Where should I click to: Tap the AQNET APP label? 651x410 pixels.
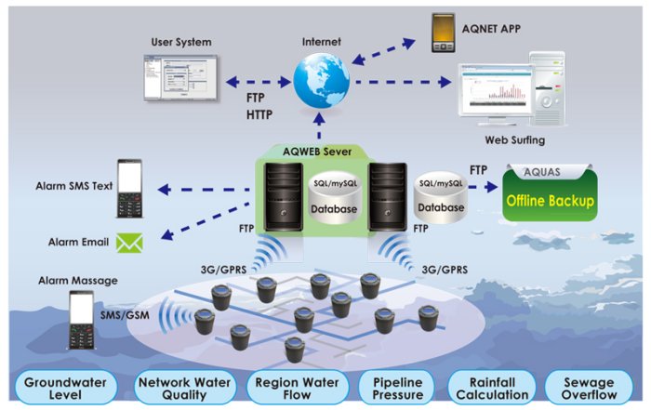(x=492, y=29)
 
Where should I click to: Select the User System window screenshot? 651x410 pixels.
(x=179, y=78)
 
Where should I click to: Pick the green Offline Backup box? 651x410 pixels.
(x=550, y=200)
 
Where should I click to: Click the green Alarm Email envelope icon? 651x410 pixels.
(x=128, y=243)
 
